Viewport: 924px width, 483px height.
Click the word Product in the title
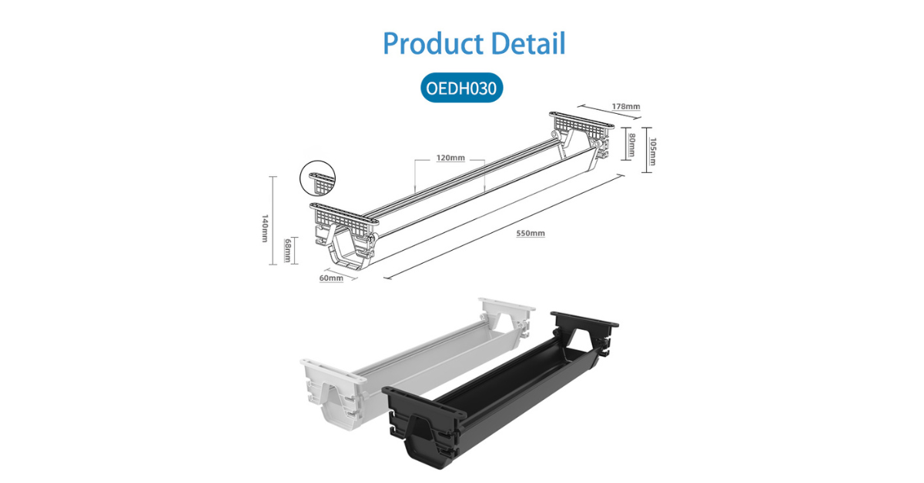433,43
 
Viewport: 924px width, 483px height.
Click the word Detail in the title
528,43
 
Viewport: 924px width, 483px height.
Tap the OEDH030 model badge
461,88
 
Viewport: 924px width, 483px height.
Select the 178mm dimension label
626,106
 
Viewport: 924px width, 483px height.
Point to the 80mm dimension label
631,145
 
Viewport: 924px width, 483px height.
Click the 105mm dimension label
653,151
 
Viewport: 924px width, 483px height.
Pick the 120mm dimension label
450,158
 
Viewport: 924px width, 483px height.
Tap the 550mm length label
531,233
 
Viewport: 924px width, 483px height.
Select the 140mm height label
265,228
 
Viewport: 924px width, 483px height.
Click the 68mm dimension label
287,250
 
